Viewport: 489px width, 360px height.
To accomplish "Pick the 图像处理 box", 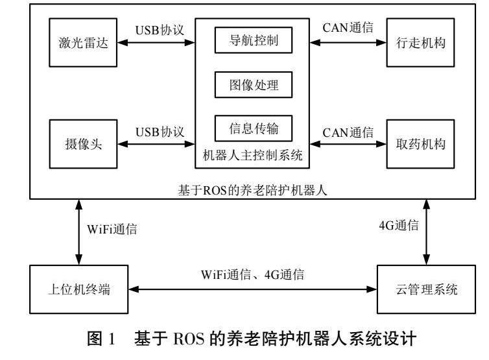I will (254, 84).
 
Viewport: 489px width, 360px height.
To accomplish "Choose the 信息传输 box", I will (254, 128).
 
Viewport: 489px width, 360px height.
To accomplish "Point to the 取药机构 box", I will (418, 143).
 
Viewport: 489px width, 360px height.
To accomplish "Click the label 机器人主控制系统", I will (253, 156).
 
